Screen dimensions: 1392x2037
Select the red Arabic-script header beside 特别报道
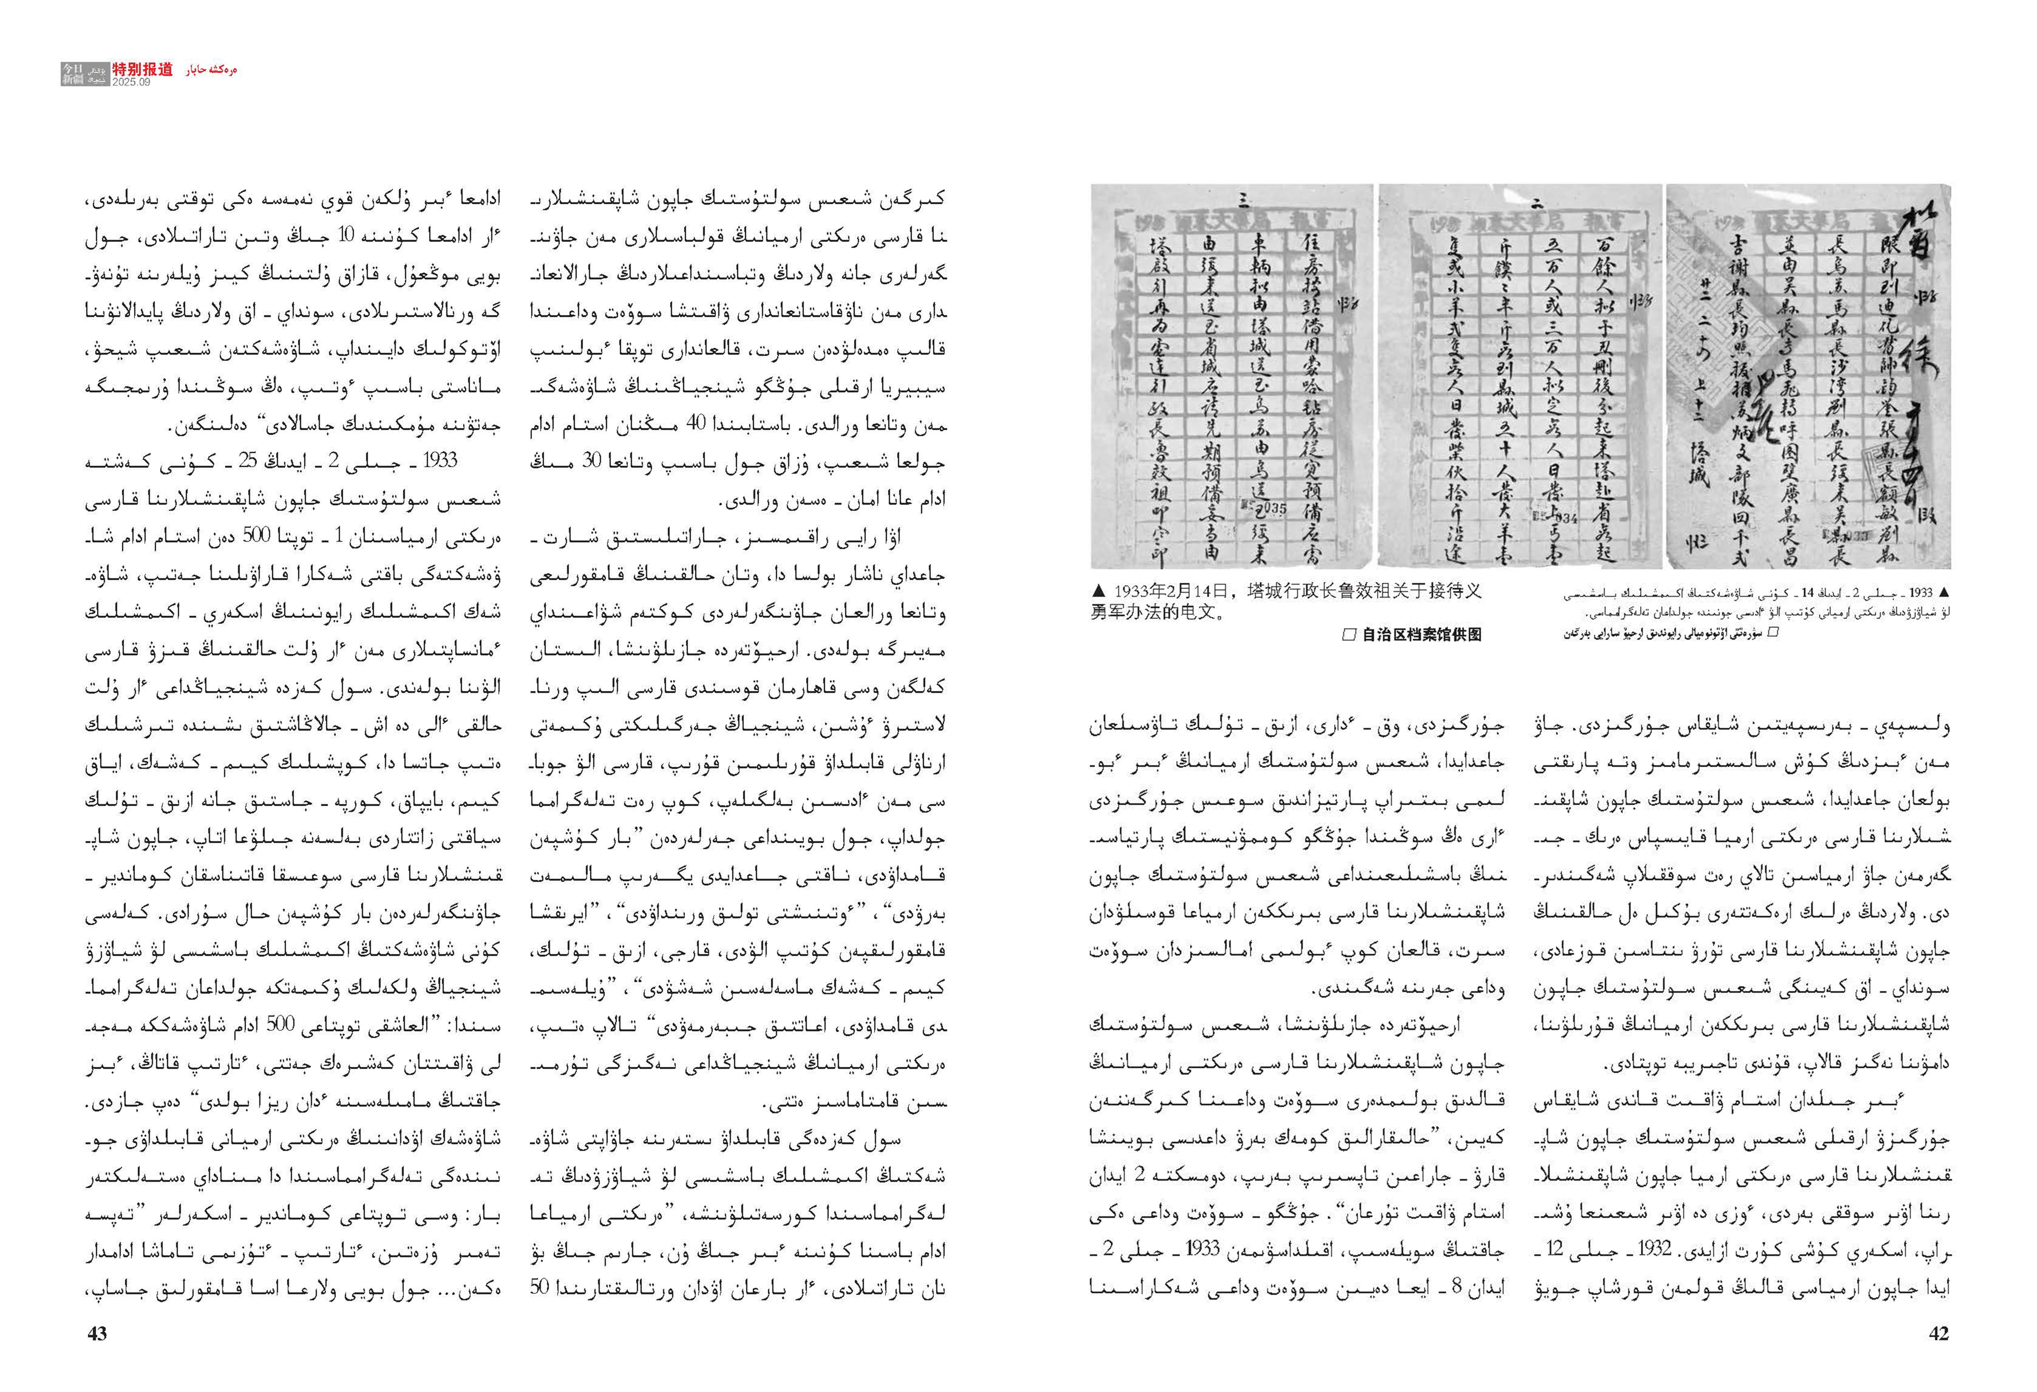click(x=211, y=70)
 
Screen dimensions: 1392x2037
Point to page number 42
click(x=1939, y=1333)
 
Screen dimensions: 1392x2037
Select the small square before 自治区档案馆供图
click(x=1349, y=634)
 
